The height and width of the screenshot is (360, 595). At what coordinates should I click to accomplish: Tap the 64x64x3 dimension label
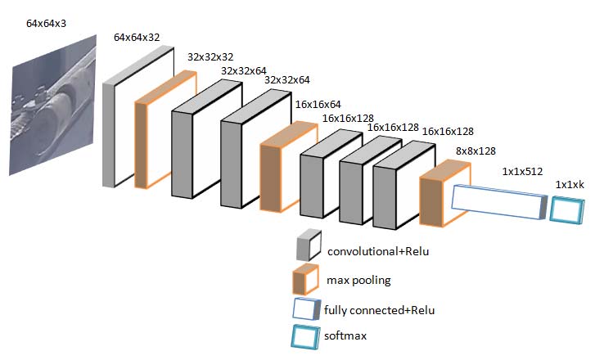pyautogui.click(x=46, y=24)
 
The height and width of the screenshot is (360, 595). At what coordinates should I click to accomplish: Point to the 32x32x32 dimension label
pyautogui.click(x=211, y=59)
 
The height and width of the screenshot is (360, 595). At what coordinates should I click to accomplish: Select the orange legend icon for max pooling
pyautogui.click(x=306, y=280)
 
